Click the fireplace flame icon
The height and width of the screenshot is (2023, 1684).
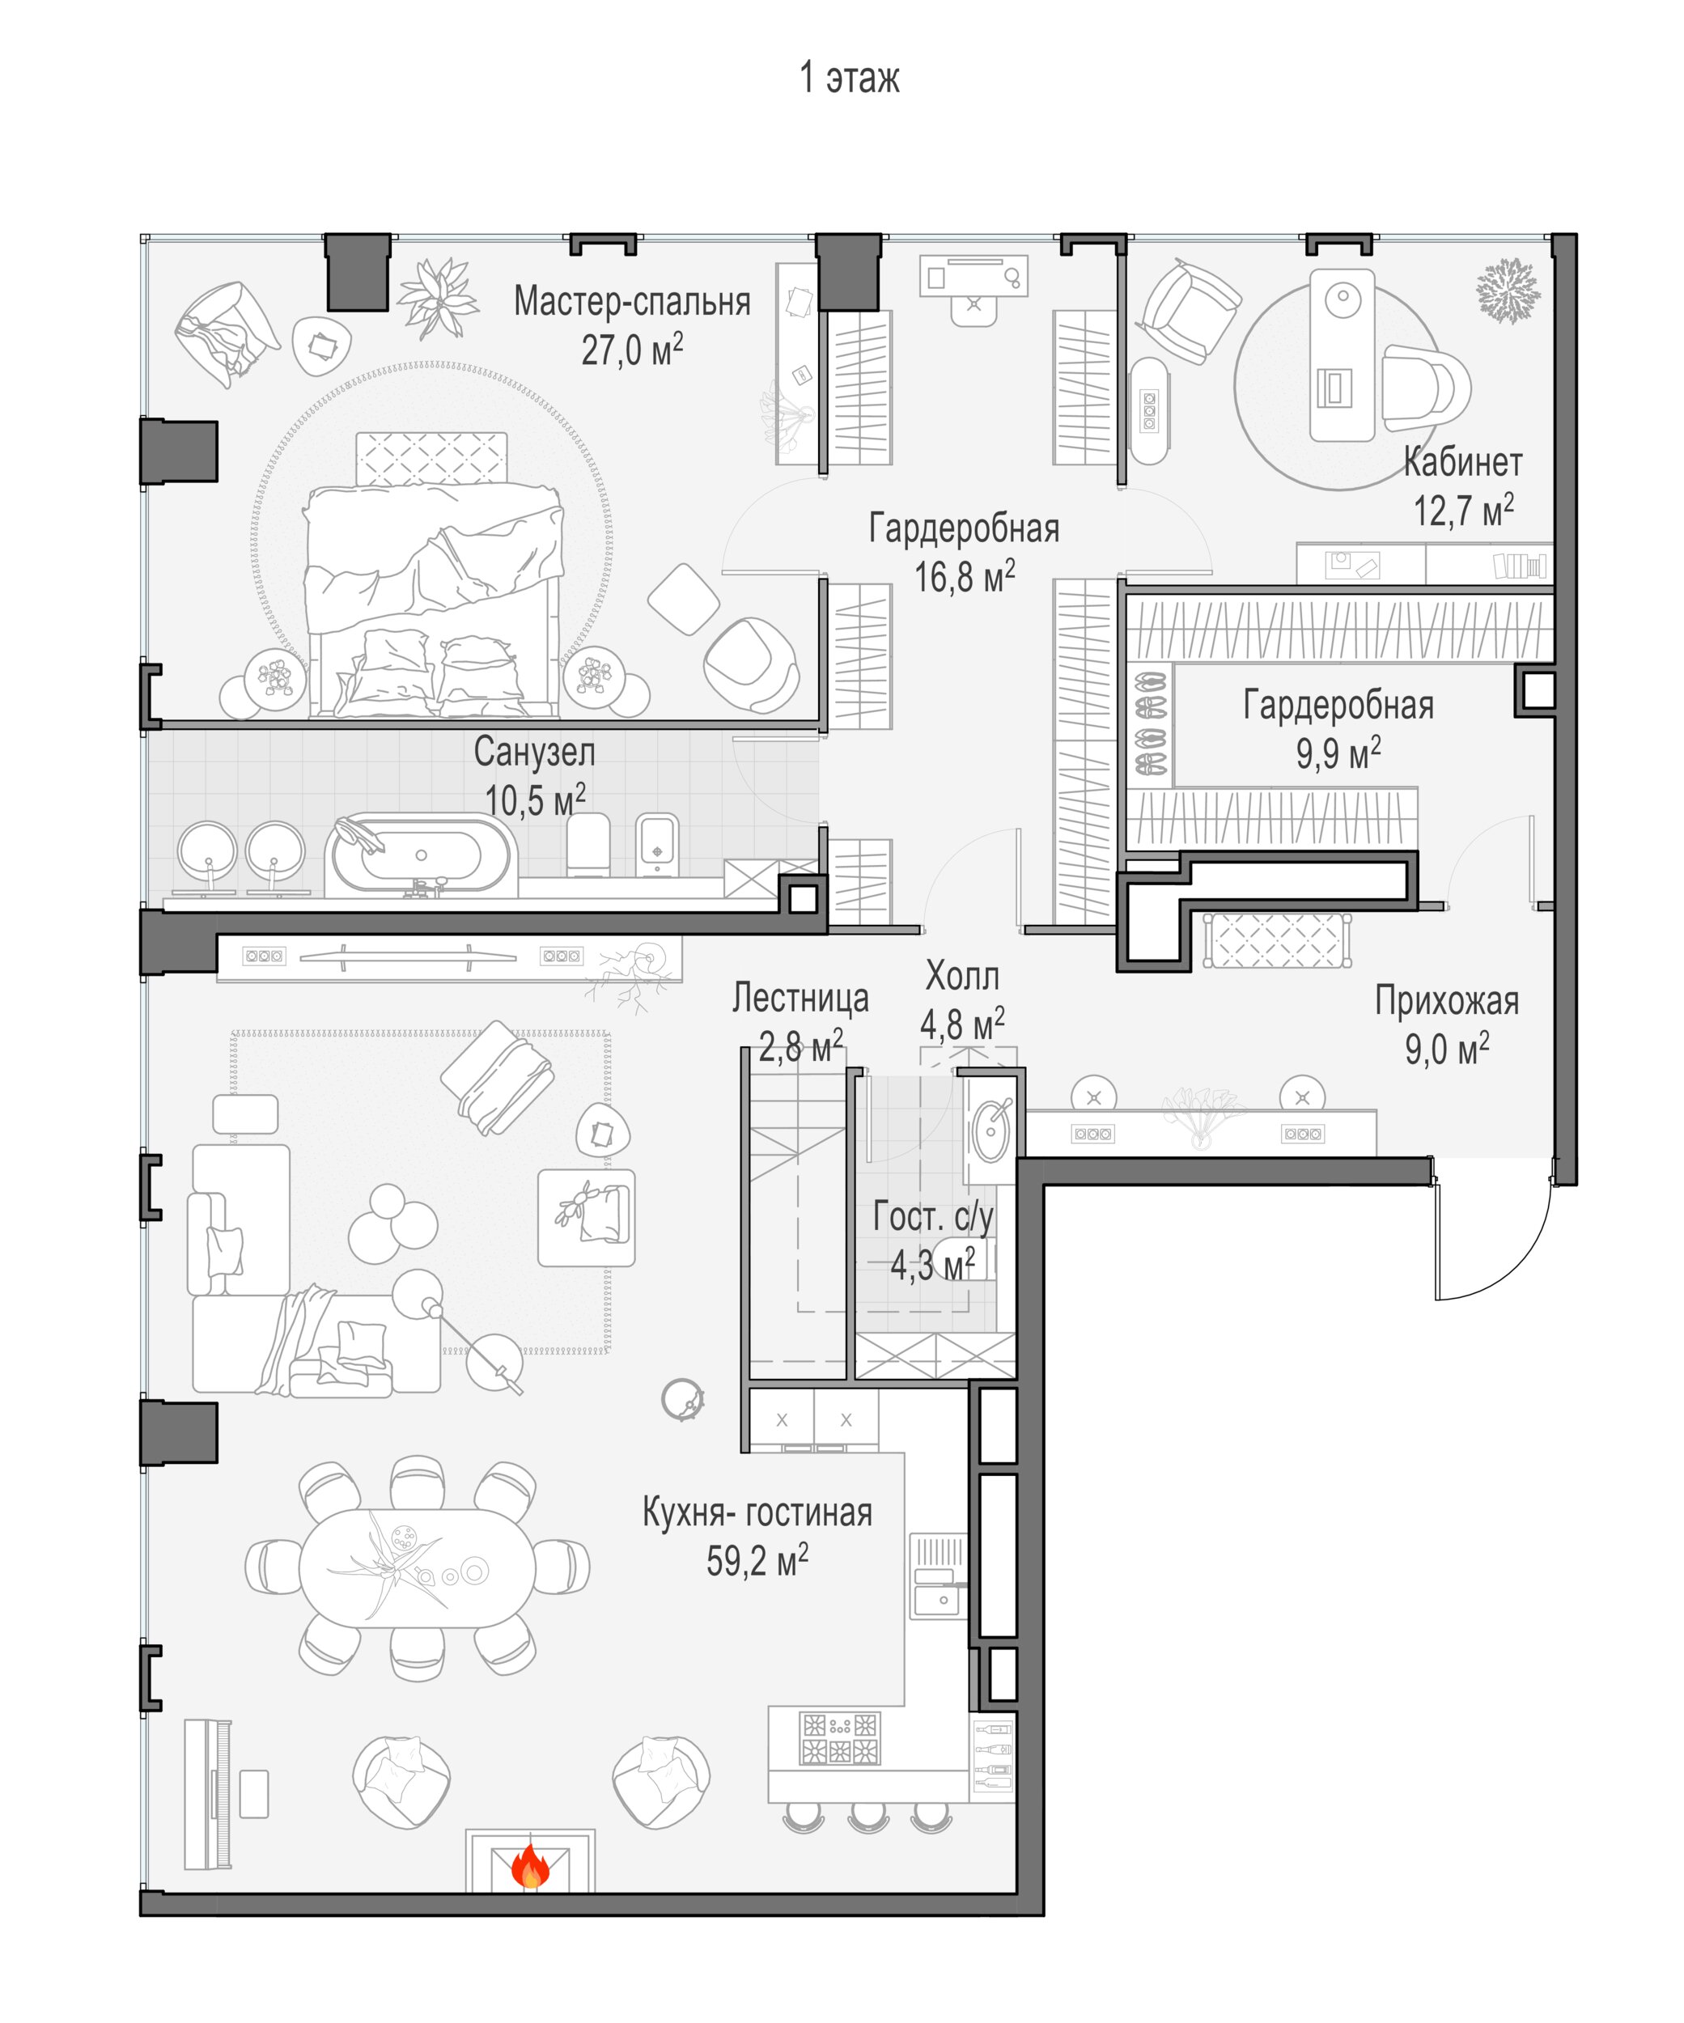click(x=529, y=1866)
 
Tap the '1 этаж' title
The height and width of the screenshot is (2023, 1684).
click(x=849, y=77)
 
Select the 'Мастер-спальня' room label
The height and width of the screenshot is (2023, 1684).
click(x=632, y=302)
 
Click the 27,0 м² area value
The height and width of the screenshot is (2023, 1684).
click(x=632, y=350)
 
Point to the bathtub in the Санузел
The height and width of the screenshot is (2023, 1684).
click(x=421, y=855)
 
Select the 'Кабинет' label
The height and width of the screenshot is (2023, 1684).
click(x=1462, y=462)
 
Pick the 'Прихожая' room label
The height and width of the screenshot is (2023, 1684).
click(x=1446, y=1001)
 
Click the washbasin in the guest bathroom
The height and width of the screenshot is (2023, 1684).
click(x=991, y=1129)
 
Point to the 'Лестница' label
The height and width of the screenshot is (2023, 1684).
click(x=800, y=998)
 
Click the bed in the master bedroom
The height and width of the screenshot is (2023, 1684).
click(x=433, y=575)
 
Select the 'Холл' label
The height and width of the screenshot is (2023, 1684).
click(x=961, y=977)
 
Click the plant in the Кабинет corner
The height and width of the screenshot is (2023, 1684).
click(x=1508, y=290)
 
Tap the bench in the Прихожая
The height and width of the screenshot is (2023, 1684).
click(x=1276, y=940)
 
